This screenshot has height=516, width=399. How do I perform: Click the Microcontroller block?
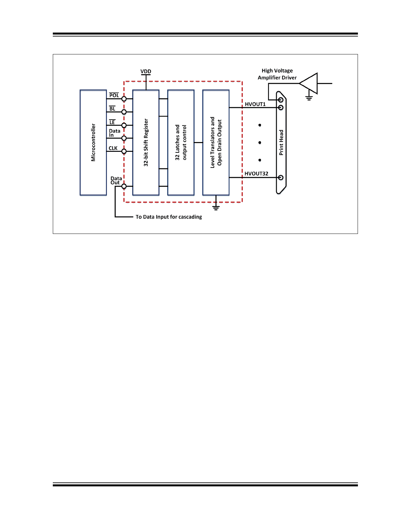tap(93, 142)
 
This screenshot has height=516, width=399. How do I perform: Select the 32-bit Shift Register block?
tap(146, 142)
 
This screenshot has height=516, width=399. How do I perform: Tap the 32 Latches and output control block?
tap(181, 142)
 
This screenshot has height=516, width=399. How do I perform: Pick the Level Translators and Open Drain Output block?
tap(216, 142)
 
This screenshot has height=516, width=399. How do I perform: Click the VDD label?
tap(146, 71)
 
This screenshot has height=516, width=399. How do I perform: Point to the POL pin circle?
tap(124, 99)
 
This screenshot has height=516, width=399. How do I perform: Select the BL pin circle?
tap(124, 112)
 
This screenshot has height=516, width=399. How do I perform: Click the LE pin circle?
tap(124, 125)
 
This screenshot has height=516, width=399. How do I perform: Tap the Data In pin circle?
tap(124, 138)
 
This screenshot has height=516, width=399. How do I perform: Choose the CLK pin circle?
tap(124, 151)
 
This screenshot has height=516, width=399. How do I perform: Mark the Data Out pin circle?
tap(124, 186)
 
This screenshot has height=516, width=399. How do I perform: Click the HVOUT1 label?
tap(255, 104)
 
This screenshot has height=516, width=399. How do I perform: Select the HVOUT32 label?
tap(256, 174)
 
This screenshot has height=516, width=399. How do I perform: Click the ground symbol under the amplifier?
tap(309, 98)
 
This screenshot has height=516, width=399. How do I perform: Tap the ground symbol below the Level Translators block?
tap(216, 208)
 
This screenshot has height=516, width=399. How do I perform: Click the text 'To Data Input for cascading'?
tap(169, 217)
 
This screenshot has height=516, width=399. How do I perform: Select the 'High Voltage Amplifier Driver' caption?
tap(277, 74)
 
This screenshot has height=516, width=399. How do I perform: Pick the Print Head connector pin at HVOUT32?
tap(281, 178)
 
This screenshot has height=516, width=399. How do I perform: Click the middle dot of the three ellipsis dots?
tap(260, 143)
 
